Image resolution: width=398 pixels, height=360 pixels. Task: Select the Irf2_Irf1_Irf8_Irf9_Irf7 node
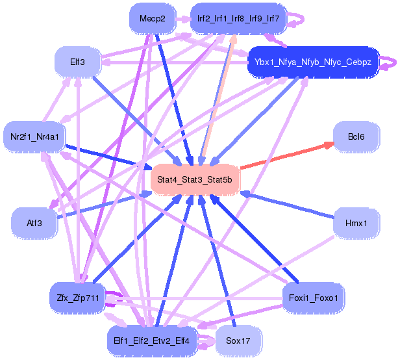pos(238,19)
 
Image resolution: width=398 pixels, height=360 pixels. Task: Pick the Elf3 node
pos(77,62)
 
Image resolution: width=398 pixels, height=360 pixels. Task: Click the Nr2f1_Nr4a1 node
pos(34,137)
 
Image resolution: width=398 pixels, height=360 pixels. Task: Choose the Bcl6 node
pos(356,137)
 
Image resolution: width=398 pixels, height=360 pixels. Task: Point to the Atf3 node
pos(34,223)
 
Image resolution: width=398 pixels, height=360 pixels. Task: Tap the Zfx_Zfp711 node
pos(77,298)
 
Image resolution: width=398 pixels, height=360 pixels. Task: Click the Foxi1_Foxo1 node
pos(314,298)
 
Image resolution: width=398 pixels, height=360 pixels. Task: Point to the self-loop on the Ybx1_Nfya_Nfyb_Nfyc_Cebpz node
pos(390,63)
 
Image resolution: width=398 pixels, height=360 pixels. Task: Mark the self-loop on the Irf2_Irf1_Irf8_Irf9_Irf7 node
pos(295,19)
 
